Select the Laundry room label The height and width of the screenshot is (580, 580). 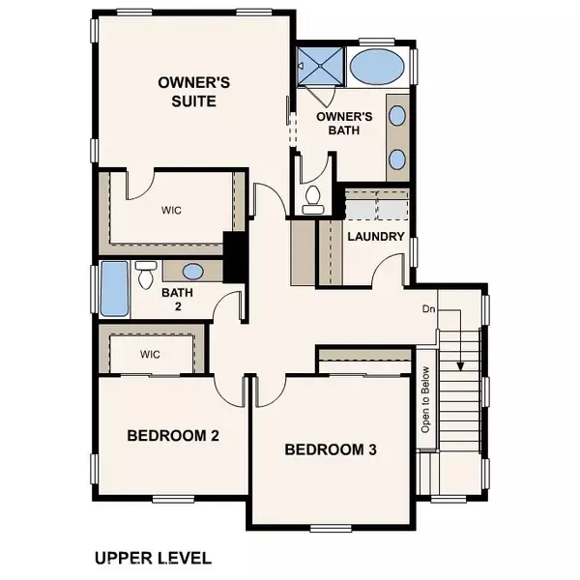(375, 236)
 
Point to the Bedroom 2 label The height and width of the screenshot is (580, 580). (173, 436)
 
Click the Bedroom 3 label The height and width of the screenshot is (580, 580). (330, 449)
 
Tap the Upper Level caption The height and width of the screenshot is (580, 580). (153, 558)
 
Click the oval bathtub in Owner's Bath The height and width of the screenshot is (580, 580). (377, 68)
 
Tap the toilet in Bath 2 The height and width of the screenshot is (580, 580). (146, 274)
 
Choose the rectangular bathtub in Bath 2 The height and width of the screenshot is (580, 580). (115, 288)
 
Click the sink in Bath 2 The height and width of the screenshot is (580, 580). (191, 272)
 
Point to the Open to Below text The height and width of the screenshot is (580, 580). (423, 397)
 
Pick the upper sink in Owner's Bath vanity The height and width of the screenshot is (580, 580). (397, 115)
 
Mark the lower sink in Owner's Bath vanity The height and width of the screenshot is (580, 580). (397, 159)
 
